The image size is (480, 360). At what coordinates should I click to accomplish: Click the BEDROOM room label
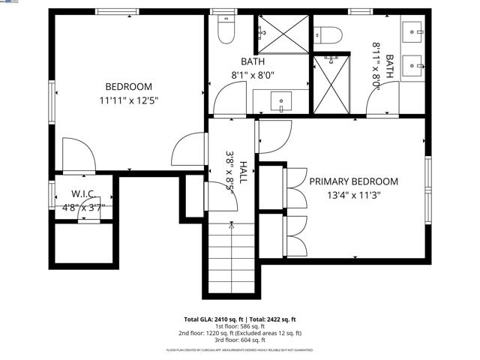[x=129, y=87]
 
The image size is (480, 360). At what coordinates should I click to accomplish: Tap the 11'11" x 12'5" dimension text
[x=129, y=100]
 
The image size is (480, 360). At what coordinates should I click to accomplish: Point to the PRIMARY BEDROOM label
[x=354, y=181]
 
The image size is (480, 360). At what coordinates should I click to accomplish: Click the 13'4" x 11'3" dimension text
[x=354, y=196]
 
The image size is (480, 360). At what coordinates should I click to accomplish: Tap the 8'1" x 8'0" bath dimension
[x=253, y=75]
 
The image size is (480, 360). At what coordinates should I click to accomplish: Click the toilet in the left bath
[x=223, y=29]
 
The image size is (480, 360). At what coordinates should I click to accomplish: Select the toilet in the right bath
[x=328, y=34]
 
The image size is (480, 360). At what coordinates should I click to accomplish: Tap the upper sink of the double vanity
[x=413, y=31]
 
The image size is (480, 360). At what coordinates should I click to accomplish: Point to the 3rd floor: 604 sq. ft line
[x=240, y=340]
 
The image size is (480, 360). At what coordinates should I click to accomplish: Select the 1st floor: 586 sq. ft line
[x=240, y=326]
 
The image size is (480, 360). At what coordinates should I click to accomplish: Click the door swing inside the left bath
[x=229, y=97]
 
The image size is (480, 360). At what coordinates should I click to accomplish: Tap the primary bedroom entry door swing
[x=271, y=136]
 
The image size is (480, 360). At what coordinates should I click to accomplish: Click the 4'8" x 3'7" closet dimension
[x=82, y=208]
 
